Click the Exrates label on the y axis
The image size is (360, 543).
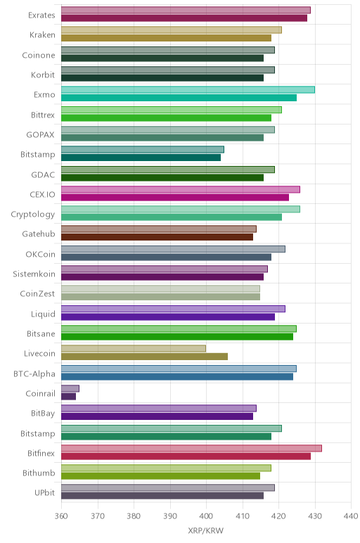(41, 15)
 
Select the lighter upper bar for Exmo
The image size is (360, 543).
(188, 90)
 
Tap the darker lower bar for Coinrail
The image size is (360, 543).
(68, 397)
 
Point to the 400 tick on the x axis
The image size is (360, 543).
(206, 516)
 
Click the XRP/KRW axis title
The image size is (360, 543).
(205, 530)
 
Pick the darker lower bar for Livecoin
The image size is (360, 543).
(144, 357)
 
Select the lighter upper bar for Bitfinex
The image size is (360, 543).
(191, 448)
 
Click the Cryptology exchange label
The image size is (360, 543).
(33, 215)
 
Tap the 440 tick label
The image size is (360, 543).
(351, 516)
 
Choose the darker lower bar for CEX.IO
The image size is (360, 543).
(175, 198)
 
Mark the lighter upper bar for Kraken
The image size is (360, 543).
(172, 30)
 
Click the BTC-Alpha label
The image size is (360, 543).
(34, 374)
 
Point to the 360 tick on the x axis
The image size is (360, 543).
(61, 516)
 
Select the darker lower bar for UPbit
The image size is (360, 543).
(162, 496)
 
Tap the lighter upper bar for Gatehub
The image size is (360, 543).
(159, 229)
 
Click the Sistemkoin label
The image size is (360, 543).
(34, 274)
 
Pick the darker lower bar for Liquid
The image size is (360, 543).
(168, 317)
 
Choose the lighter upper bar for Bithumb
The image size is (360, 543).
(166, 468)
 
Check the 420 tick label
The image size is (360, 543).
(278, 516)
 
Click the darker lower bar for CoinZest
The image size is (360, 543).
(160, 297)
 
